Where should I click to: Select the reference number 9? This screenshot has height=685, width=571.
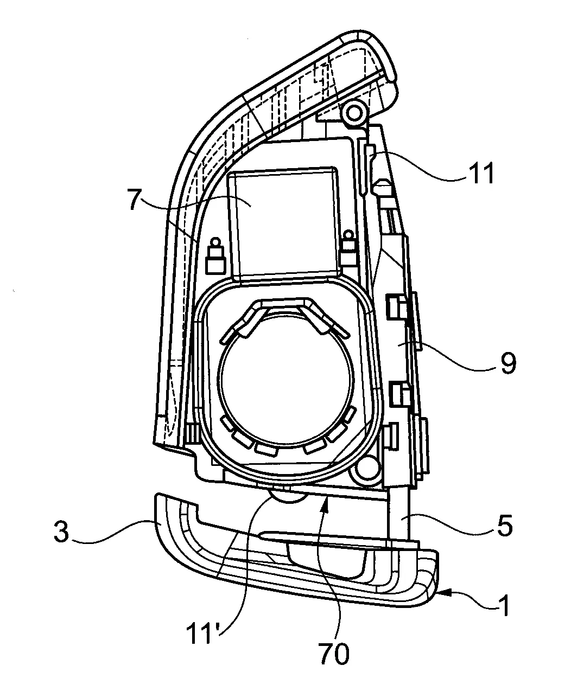[508, 363]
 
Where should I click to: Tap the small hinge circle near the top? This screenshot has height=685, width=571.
[354, 113]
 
